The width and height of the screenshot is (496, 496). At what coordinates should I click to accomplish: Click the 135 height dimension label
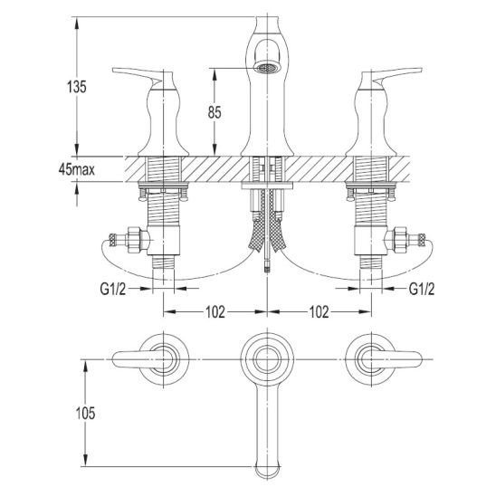pos(77,87)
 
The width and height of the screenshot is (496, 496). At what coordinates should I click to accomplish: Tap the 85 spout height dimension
pos(215,112)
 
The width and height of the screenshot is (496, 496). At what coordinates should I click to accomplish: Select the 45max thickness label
pos(77,170)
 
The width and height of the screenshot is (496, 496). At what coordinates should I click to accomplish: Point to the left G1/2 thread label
pos(113,289)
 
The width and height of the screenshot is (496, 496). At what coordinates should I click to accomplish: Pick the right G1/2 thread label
pos(422,289)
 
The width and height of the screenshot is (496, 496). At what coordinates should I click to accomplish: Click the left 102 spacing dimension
pos(215,312)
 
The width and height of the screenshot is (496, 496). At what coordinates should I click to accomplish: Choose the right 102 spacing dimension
pos(319,312)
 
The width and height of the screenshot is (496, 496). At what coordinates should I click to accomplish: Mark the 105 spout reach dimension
pos(85,413)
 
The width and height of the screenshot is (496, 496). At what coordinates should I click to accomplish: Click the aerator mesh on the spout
pos(267,68)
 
